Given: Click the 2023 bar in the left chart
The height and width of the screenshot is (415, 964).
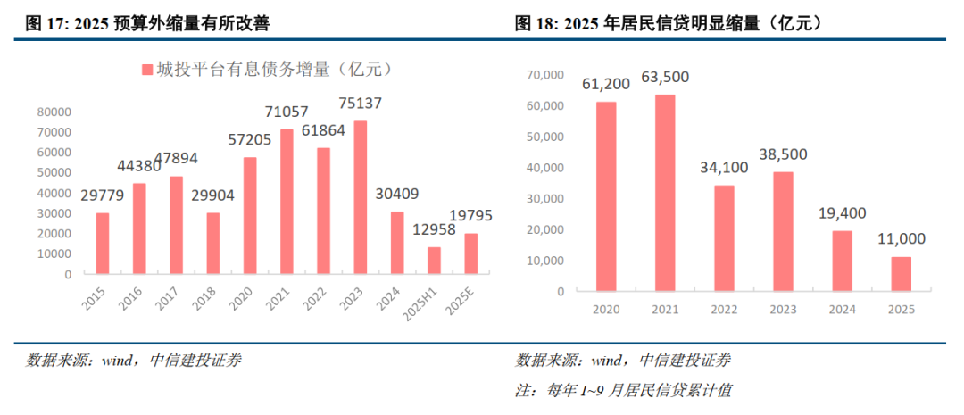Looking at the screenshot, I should click(360, 197).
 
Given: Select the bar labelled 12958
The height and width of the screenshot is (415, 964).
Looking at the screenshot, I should click(434, 261).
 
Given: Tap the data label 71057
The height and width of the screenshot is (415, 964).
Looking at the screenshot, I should click(287, 112).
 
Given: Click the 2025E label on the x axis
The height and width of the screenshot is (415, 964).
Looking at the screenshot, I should click(460, 299).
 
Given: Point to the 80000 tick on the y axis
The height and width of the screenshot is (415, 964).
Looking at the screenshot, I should click(54, 112).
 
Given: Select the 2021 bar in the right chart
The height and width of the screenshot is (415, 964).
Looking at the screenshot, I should click(664, 192).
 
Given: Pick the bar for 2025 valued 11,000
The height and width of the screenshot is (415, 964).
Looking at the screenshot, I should click(901, 273).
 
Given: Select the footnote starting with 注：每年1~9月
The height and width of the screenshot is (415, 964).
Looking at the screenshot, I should click(624, 390).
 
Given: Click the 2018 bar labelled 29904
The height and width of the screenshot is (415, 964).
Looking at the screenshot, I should click(212, 243).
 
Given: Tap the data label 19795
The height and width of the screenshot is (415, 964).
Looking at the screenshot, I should click(470, 215).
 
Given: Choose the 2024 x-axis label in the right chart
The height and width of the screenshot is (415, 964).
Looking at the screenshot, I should click(843, 308).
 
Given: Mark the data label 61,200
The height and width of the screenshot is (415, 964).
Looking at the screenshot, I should click(606, 84).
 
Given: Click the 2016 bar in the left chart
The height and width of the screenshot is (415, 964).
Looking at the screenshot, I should click(139, 228).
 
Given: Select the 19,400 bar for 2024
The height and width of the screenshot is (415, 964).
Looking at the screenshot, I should click(842, 261).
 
